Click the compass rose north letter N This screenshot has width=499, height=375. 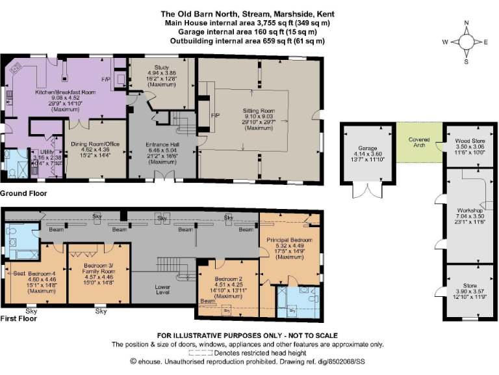[466, 23]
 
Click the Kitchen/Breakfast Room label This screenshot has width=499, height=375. [65, 92]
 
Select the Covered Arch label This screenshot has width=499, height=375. [419, 143]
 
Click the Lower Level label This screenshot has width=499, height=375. [162, 289]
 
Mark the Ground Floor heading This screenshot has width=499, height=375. [23, 193]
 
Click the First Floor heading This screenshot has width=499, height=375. [19, 318]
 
